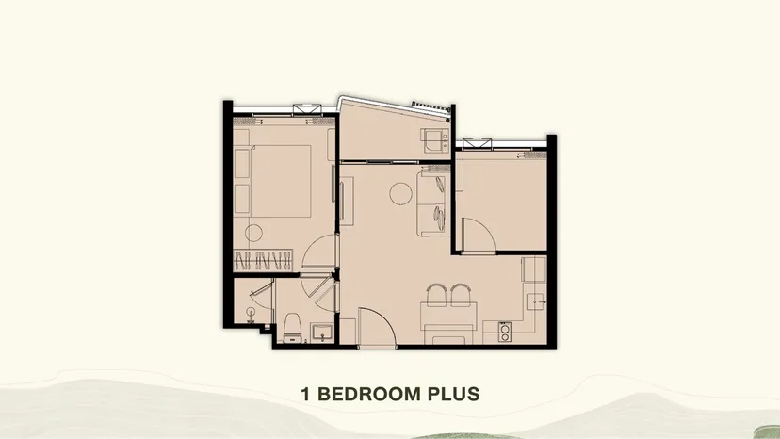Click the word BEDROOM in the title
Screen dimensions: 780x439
coord(369,394)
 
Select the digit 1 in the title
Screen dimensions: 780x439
coord(305,394)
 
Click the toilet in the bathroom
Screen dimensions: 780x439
coord(292,328)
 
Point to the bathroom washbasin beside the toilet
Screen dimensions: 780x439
coord(322,333)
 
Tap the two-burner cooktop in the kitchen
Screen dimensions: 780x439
coord(504,332)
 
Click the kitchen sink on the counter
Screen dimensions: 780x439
coord(536,301)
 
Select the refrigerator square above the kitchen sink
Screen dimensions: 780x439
coord(533,269)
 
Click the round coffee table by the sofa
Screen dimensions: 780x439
coord(400,194)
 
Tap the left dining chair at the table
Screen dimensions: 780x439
coord(436,295)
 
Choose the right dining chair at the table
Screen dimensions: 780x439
coord(461,295)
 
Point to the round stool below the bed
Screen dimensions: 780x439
coord(253,233)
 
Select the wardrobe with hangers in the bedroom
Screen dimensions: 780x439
coord(263,260)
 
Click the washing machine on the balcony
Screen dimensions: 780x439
coord(435,140)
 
